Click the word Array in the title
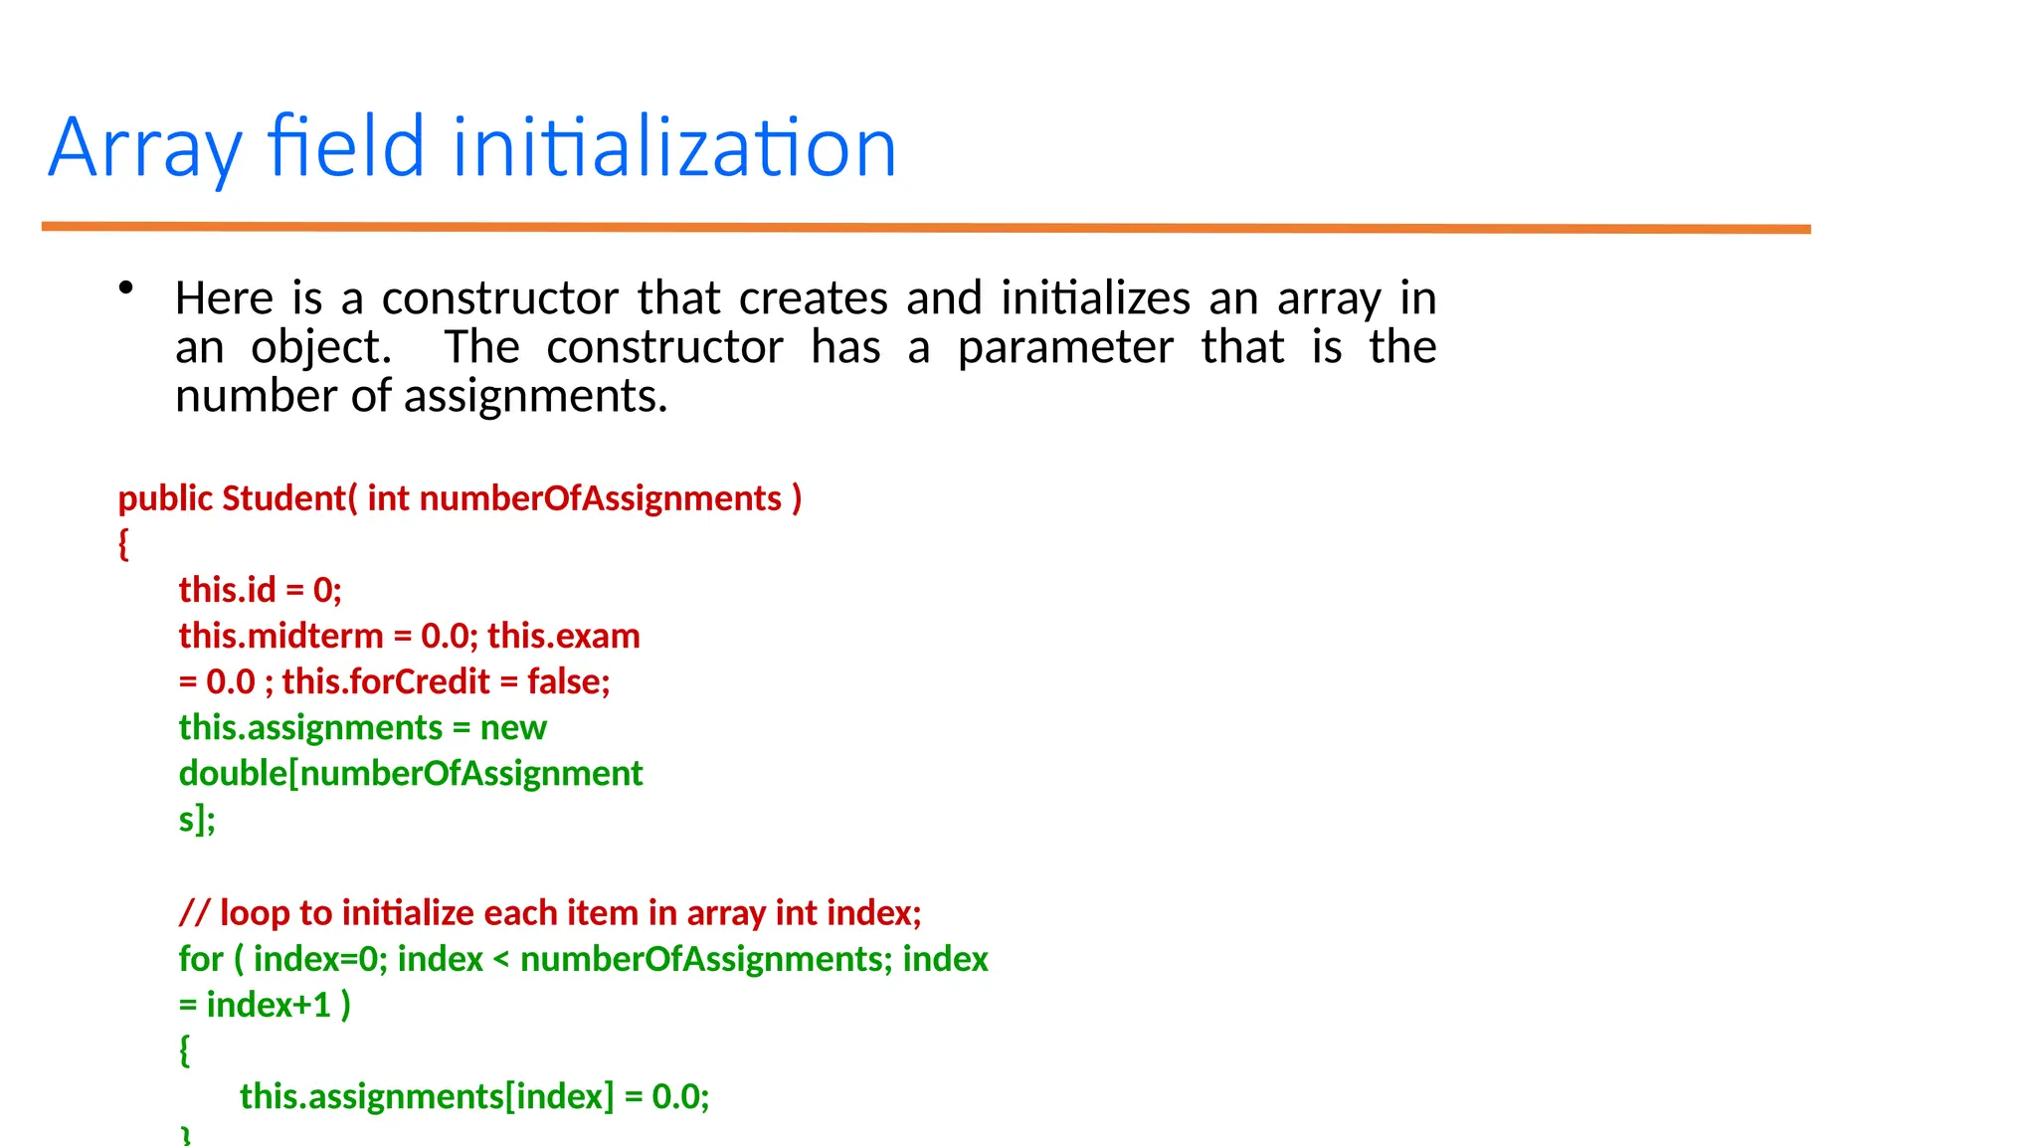(x=144, y=149)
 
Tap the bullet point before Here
(x=125, y=288)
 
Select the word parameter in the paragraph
(x=1065, y=347)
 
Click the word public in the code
(x=165, y=498)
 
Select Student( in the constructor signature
(x=289, y=498)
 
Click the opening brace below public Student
(x=123, y=544)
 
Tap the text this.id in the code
(x=227, y=590)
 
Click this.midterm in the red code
(x=280, y=636)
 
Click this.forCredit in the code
(x=386, y=681)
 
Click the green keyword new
(x=513, y=727)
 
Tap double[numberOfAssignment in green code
(x=410, y=773)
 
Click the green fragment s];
(x=197, y=819)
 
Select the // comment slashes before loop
(x=194, y=912)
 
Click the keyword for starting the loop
(x=201, y=959)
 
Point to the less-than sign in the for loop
(x=500, y=960)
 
